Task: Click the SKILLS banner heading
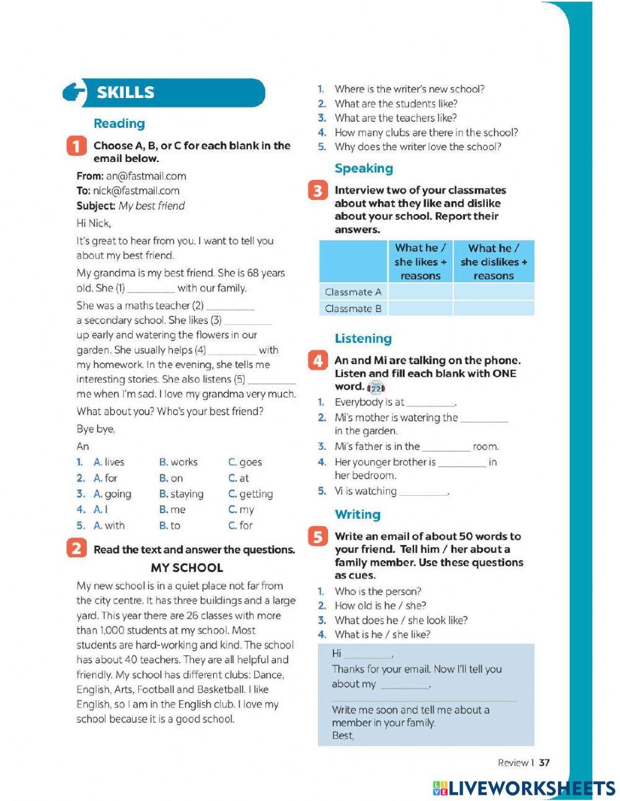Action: (x=125, y=92)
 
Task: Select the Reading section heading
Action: (x=119, y=123)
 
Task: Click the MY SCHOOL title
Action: (x=187, y=568)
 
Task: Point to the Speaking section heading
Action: (x=363, y=168)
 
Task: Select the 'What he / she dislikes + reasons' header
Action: (x=494, y=262)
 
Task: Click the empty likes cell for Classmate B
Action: (x=420, y=308)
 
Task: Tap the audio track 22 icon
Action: (x=376, y=388)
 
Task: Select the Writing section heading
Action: (x=357, y=514)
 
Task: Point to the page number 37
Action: (x=544, y=763)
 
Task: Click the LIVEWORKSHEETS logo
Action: (x=523, y=788)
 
